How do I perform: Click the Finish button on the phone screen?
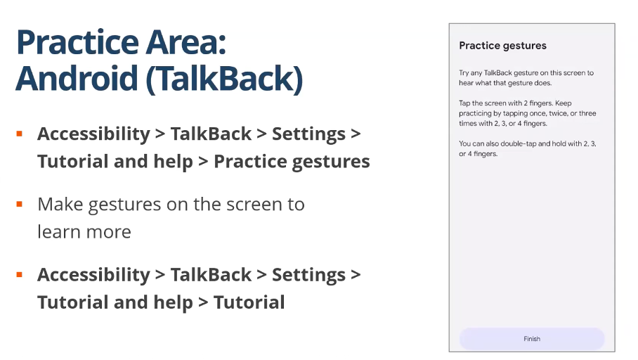[x=532, y=338]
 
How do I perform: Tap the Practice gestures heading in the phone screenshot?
[x=502, y=46]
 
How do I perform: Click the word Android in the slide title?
[x=77, y=78]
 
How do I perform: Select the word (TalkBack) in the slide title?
[x=224, y=79]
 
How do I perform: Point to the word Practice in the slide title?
[x=78, y=42]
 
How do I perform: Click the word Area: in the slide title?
[x=186, y=42]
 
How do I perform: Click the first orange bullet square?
[x=19, y=134]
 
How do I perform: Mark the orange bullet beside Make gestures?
[x=19, y=204]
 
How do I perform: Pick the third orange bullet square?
[x=19, y=274]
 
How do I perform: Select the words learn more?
[x=84, y=232]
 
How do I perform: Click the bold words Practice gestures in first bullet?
[x=292, y=162]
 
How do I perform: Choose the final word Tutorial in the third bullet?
[x=249, y=302]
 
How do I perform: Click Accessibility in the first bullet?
[x=93, y=134]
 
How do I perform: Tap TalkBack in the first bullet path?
[x=211, y=134]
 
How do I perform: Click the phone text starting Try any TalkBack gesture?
[x=526, y=78]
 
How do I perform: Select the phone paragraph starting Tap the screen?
[x=527, y=113]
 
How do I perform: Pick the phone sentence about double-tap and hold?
[x=527, y=148]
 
